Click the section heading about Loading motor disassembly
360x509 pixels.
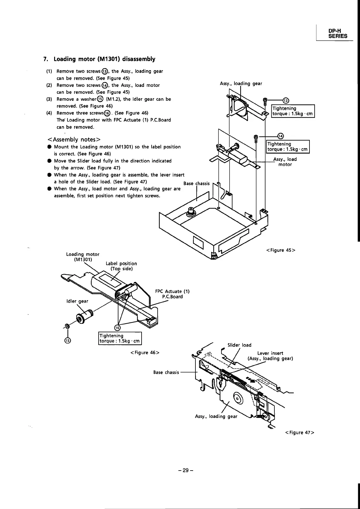[99, 59]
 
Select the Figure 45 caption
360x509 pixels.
[280, 250]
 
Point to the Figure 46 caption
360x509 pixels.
[145, 352]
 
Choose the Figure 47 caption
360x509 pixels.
[299, 432]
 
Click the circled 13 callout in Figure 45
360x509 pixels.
[286, 101]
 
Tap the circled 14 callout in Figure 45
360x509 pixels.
[280, 136]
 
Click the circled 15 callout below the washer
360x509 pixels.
[67, 340]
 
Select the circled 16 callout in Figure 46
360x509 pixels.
[117, 328]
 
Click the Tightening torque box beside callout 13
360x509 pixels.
[293, 111]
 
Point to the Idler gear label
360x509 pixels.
[77, 301]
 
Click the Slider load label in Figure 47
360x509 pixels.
[239, 345]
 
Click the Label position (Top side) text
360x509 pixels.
[121, 266]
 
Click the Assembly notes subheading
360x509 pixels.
[74, 139]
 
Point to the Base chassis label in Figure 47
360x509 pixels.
[166, 372]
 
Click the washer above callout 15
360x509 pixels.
[67, 326]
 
